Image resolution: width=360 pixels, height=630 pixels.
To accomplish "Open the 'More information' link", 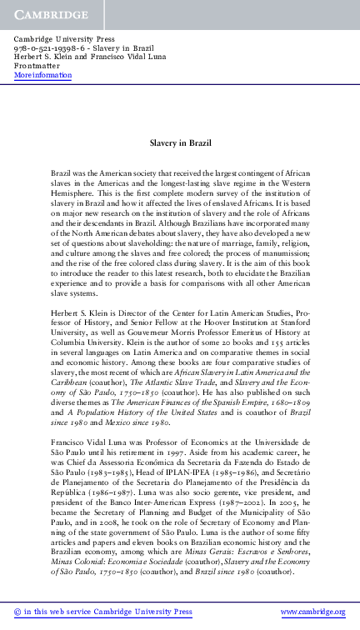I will [42, 75].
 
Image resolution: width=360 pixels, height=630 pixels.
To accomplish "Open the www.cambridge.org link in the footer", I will [312, 612].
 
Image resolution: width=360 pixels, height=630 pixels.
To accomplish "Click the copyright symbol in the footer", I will [18, 612].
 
